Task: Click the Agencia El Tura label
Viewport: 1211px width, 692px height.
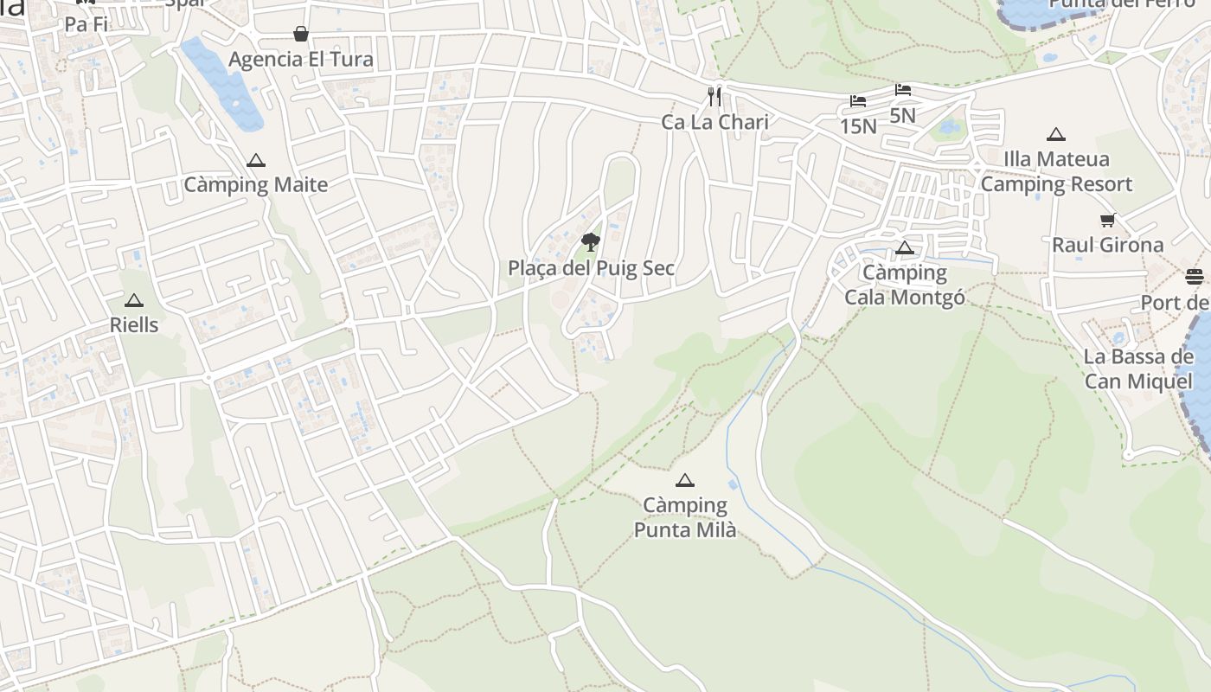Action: coord(301,60)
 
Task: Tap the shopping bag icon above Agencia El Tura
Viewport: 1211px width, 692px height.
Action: coord(300,34)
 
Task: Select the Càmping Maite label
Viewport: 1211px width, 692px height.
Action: coord(256,184)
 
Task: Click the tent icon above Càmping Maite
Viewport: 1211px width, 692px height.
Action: coord(255,161)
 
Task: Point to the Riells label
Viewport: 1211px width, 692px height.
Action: coord(134,324)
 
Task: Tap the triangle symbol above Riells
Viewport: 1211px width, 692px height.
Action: coord(133,301)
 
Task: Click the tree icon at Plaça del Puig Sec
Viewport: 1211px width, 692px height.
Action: coord(591,241)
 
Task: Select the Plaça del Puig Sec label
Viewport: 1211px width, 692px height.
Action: coord(591,268)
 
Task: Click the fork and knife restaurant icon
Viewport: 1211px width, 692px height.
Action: coord(714,96)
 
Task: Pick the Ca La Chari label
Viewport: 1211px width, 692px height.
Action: coord(714,122)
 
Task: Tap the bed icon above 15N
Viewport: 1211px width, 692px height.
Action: coord(858,101)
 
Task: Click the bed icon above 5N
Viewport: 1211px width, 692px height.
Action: coord(903,90)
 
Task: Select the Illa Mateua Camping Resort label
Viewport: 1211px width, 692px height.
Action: coord(1056,171)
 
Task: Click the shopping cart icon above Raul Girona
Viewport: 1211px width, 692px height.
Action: coord(1108,220)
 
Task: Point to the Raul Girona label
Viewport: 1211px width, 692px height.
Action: coord(1108,245)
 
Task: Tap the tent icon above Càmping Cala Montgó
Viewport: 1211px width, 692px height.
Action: coord(905,248)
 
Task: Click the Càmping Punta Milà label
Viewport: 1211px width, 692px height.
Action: coord(685,516)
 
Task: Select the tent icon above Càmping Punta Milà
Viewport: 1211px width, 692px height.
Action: coord(685,480)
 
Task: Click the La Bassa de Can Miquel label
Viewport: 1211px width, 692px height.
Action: coord(1138,369)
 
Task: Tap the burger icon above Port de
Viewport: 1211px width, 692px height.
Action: coord(1195,277)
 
